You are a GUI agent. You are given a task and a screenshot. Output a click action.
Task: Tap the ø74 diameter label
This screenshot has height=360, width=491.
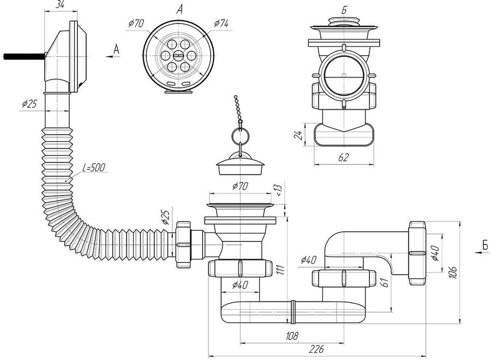coord(221,23)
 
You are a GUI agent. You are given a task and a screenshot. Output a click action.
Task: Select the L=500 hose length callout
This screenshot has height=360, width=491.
coord(94,168)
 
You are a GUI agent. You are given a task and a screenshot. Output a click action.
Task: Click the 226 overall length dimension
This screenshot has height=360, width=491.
coord(316,349)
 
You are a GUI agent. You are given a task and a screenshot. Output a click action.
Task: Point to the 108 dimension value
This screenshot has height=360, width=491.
coord(292,336)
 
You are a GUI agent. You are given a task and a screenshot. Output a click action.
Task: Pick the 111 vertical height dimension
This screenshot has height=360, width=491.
coord(280,269)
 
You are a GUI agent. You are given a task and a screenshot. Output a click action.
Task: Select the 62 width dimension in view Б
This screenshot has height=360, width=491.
coord(344,157)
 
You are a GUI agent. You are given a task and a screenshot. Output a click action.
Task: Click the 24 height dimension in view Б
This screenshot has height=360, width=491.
coord(299,135)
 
